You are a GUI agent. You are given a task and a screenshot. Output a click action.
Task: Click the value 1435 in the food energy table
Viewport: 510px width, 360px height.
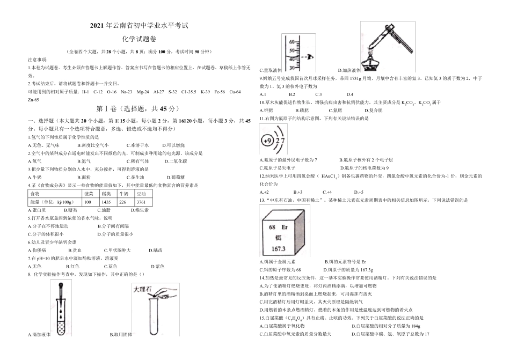point(106,202)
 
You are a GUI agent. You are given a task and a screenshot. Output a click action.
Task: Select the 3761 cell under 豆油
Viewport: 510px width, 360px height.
point(141,202)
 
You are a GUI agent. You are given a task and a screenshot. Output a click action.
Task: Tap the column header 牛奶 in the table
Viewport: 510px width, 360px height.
point(123,193)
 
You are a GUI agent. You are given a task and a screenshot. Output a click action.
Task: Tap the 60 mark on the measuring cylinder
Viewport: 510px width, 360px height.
point(292,42)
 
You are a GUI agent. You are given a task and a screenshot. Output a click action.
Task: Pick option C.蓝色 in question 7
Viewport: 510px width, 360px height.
point(113,266)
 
